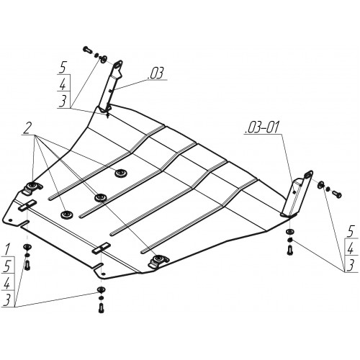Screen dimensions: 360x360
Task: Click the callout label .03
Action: point(156,73)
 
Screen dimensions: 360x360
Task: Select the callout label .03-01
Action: point(262,127)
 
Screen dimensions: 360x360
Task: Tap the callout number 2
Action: point(27,129)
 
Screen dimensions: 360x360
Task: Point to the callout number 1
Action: point(8,249)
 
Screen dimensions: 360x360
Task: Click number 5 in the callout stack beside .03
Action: point(63,68)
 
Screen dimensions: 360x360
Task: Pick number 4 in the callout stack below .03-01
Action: point(351,250)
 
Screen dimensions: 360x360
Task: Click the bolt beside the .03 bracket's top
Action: point(87,50)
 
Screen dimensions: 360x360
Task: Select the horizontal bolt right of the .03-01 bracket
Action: point(337,194)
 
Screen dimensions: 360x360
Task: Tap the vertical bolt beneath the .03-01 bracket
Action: point(289,251)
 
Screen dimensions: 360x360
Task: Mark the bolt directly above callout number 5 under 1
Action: point(27,264)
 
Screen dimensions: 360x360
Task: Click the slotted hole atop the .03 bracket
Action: point(117,66)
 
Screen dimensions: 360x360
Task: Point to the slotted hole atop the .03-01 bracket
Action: point(309,175)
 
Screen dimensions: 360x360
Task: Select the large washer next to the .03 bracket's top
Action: point(104,58)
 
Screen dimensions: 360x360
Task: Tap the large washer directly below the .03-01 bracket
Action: point(289,232)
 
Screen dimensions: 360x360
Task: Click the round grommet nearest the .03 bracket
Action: point(120,173)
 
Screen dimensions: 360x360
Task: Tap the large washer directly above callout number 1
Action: point(27,246)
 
